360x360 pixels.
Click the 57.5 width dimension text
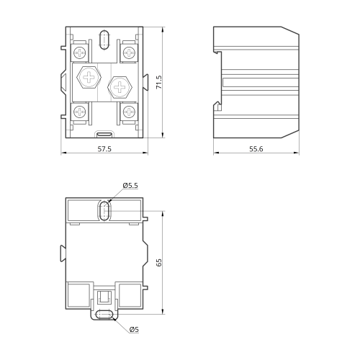point(104,149)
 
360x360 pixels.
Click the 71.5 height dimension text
point(159,82)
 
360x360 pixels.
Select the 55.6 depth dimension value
point(256,149)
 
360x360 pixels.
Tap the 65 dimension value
point(159,263)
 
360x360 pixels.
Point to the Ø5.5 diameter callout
point(130,186)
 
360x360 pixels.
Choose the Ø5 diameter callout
point(134,330)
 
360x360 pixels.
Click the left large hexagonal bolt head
point(89,77)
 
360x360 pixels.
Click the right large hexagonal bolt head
point(120,87)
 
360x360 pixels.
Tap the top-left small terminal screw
point(79,53)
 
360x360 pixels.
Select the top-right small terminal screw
point(129,53)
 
